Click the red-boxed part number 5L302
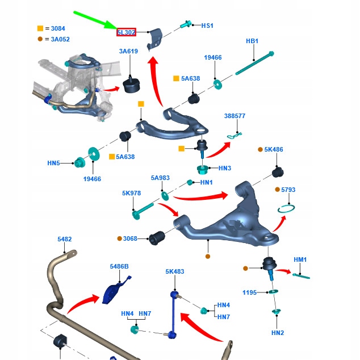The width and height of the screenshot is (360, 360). click(126, 32)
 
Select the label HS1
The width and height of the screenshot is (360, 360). click(207, 26)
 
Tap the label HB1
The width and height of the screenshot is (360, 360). click(252, 41)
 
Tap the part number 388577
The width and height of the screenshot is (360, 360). click(235, 116)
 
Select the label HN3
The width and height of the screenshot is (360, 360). click(225, 168)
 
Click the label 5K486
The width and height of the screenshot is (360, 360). click(273, 150)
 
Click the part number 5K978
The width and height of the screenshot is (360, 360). click(131, 193)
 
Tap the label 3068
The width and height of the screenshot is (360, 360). click(131, 238)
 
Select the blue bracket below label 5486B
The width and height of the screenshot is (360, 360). click(115, 290)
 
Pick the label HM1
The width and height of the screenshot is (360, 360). click(300, 259)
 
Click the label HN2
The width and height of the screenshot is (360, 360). click(277, 333)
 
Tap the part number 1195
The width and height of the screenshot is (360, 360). click(250, 292)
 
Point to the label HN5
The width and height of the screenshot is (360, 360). click(53, 163)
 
